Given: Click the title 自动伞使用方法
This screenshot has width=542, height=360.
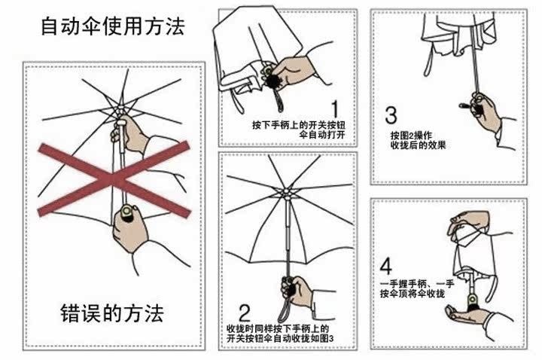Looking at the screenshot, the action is click(113, 26).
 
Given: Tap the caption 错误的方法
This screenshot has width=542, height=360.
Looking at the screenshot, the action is click(112, 313).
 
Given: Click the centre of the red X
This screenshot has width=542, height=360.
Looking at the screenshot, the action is click(114, 179).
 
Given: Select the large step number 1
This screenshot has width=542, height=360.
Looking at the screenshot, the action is click(334, 108).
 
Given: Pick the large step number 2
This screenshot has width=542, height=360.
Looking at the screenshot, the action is click(245, 313).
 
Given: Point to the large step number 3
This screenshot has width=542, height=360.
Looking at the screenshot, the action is click(391, 115).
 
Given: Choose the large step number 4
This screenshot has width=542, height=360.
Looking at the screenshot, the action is click(385, 265).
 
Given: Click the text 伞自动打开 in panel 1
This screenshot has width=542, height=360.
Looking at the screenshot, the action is click(322, 135).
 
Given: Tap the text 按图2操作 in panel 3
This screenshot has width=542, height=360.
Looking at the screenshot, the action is click(411, 135).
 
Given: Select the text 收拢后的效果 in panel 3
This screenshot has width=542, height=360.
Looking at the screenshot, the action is click(419, 145).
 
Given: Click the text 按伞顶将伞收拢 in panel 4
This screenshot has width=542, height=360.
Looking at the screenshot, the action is click(413, 294).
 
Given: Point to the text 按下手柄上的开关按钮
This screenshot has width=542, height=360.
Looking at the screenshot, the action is click(299, 124).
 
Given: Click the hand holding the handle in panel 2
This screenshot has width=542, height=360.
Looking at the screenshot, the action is click(297, 291).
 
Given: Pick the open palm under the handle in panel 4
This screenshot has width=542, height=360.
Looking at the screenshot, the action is click(467, 314).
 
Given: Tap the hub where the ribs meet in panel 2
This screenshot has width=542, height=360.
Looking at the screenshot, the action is click(287, 193).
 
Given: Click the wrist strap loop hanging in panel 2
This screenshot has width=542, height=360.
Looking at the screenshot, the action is click(286, 309).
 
